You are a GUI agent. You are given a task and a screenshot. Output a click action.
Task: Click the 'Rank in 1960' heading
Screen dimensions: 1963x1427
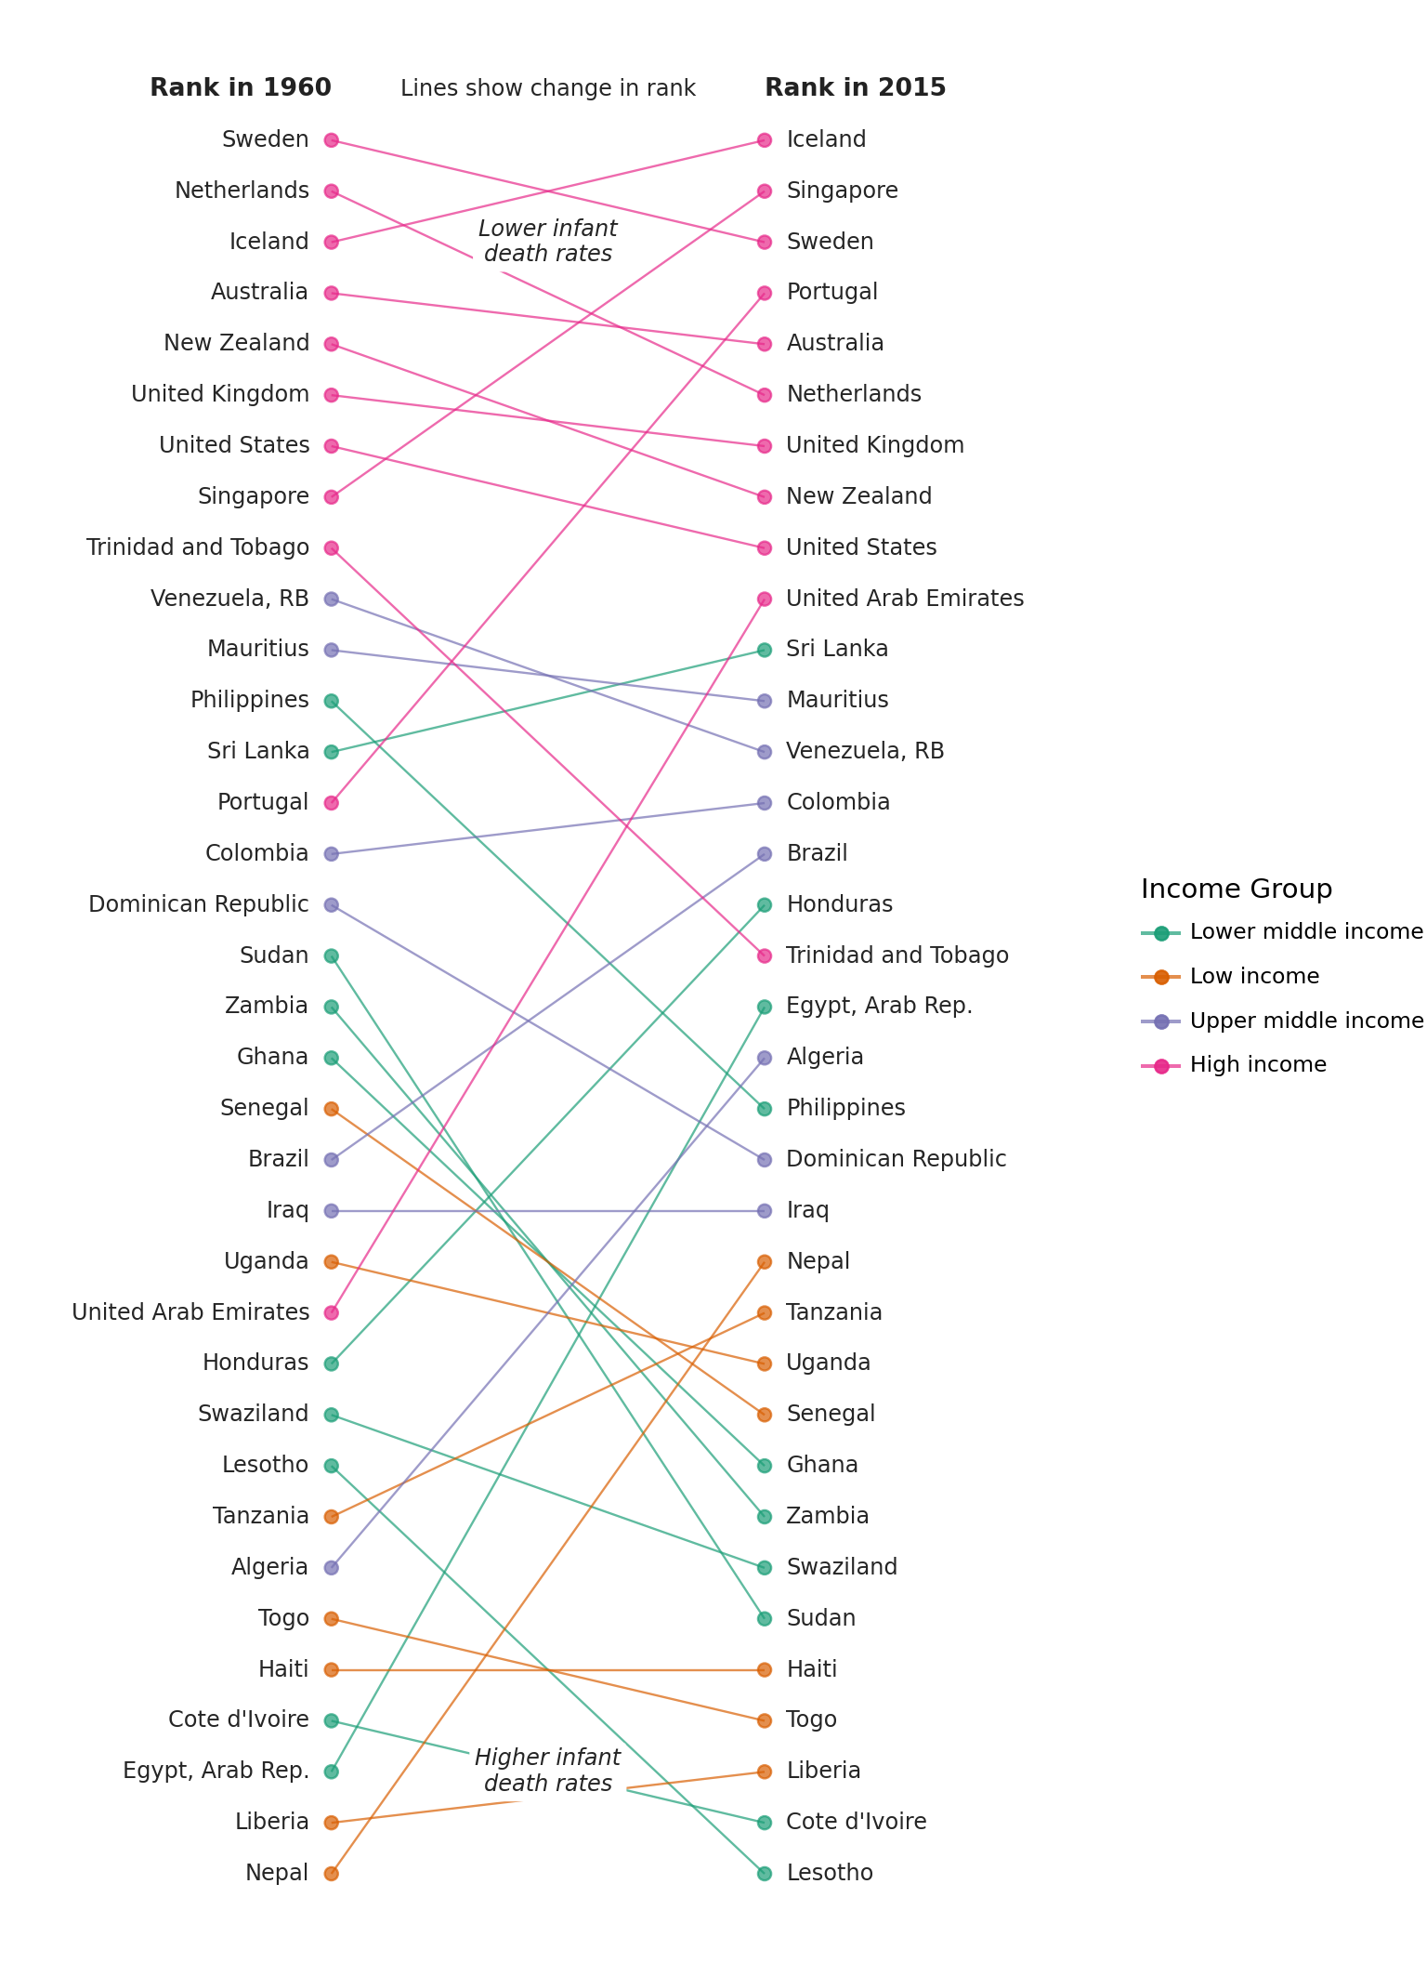240,88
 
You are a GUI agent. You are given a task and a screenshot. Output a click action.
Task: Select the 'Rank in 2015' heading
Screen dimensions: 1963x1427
855,88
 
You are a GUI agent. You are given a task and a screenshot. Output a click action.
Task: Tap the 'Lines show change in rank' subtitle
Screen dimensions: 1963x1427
547,89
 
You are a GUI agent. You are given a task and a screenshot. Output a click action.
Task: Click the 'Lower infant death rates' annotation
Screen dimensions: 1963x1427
547,242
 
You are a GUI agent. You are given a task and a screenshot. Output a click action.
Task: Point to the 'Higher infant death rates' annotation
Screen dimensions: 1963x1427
547,1771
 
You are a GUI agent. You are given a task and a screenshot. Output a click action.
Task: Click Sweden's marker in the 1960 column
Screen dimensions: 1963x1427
331,140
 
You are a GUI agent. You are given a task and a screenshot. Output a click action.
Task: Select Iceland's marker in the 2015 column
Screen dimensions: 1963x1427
765,140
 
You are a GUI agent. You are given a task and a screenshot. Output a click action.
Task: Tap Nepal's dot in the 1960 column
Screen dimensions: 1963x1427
331,1874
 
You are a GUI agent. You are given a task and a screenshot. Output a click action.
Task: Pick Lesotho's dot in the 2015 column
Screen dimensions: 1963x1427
765,1874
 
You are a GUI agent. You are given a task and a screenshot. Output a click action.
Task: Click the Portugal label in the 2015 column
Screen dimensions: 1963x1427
831,293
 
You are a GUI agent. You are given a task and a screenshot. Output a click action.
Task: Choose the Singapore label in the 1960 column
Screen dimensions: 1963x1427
254,497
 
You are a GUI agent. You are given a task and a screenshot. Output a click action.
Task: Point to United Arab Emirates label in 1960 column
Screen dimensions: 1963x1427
190,1312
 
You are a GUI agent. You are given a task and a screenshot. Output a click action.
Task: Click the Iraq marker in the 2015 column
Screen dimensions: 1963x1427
765,1211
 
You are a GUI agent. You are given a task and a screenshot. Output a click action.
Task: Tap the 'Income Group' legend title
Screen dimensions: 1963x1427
1237,889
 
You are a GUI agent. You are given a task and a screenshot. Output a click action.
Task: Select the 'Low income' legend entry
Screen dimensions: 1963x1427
1254,977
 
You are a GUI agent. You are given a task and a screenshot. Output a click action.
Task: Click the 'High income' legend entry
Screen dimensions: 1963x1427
1258,1065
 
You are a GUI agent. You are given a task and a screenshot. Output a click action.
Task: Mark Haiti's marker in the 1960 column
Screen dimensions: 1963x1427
331,1670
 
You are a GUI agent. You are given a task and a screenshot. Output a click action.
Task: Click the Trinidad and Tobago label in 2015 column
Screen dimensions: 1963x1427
897,956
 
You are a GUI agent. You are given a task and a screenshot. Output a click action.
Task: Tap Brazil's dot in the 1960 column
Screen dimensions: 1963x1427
331,1160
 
